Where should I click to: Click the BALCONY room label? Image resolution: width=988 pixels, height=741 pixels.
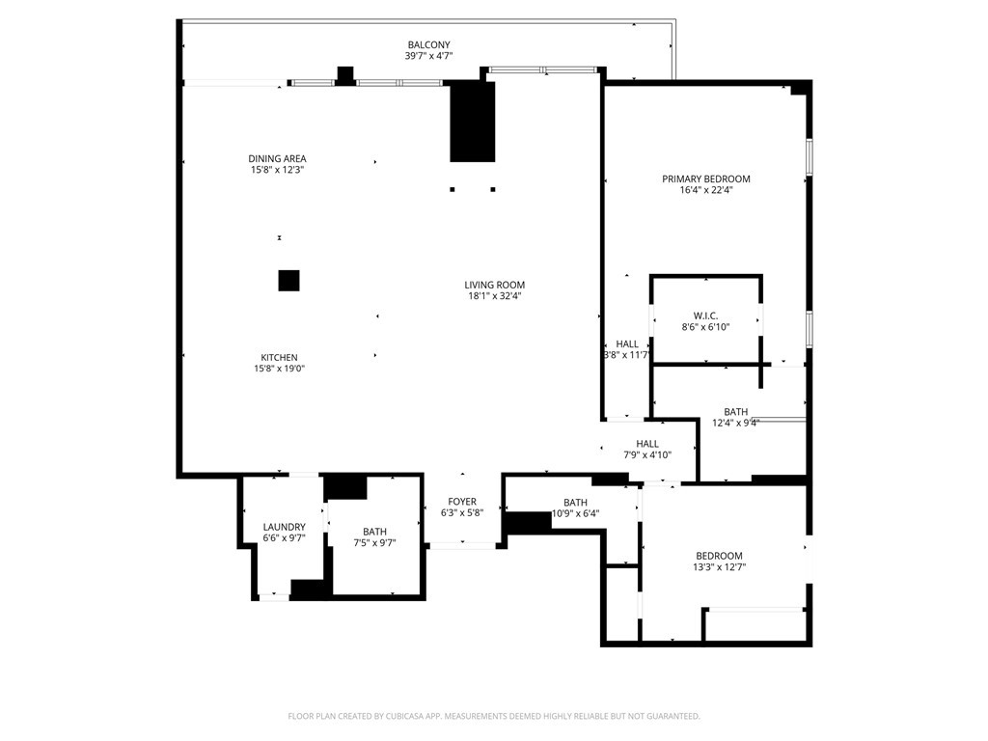coord(428,44)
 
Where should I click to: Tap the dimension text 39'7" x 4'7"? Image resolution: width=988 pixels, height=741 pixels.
coord(428,56)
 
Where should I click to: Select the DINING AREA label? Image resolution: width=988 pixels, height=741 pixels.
coord(277,159)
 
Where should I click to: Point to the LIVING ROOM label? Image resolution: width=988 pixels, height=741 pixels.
coord(495,285)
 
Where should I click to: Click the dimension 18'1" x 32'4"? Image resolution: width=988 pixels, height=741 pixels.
coord(495,296)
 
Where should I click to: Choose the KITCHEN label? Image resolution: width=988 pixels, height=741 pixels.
coord(279,357)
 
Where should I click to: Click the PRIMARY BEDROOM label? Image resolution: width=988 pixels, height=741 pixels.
coord(705,178)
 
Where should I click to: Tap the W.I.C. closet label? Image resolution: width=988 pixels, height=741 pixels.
coord(705,316)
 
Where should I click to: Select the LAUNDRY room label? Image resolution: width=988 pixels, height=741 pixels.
coord(285,527)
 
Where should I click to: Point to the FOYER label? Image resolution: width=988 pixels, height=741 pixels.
coord(462,502)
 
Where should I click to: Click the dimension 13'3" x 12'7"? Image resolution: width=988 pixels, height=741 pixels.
coord(719,567)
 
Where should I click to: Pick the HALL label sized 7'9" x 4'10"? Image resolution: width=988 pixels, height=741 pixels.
coord(647,444)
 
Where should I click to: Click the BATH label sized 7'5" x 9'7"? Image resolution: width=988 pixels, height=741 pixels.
coord(374,532)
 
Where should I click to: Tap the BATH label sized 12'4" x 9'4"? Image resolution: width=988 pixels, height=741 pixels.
coord(735,412)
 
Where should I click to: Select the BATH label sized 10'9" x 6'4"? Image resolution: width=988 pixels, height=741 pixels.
coord(575,502)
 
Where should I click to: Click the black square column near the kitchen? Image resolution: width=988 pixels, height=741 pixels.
coord(288,281)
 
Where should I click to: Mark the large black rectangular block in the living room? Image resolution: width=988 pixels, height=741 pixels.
coord(473,121)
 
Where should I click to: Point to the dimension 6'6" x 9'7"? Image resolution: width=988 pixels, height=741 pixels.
coord(285,538)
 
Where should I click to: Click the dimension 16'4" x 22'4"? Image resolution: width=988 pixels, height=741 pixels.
coord(705,190)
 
